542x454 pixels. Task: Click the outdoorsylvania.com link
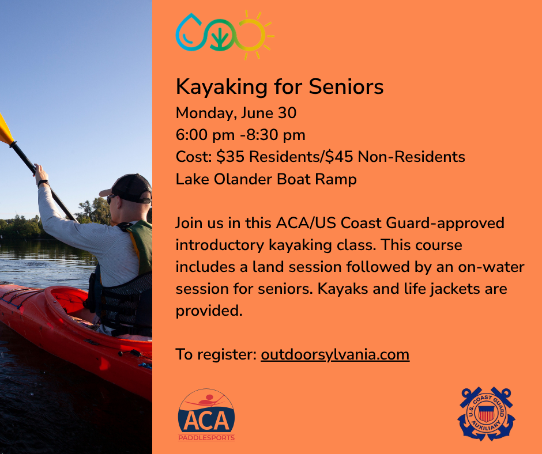coord(335,354)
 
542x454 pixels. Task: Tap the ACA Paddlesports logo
coord(206,415)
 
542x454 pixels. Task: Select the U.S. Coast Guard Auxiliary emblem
coord(486,414)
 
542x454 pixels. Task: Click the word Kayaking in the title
coord(221,87)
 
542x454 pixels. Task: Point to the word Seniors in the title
coord(346,86)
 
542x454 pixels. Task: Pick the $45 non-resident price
coord(339,157)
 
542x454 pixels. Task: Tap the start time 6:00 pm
coord(205,135)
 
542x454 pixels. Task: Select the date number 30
coord(287,113)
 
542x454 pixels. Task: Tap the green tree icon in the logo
coord(220,35)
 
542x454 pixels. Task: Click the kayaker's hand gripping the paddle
coord(41,174)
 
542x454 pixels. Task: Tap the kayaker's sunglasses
coord(111,199)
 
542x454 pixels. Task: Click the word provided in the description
coord(209,311)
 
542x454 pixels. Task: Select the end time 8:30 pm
coord(276,135)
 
